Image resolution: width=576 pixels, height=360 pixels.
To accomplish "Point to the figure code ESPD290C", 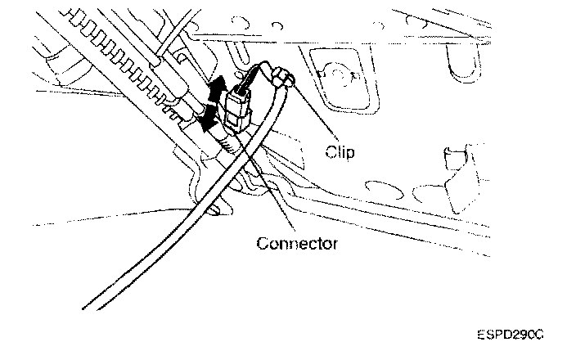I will (x=511, y=335).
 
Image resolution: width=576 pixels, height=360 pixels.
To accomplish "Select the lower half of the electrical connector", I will (x=236, y=115).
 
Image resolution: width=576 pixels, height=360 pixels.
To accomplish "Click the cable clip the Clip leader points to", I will (x=283, y=79).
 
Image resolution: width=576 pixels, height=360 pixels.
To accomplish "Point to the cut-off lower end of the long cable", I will (x=89, y=306).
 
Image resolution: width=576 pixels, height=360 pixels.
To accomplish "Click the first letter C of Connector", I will (x=261, y=244).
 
